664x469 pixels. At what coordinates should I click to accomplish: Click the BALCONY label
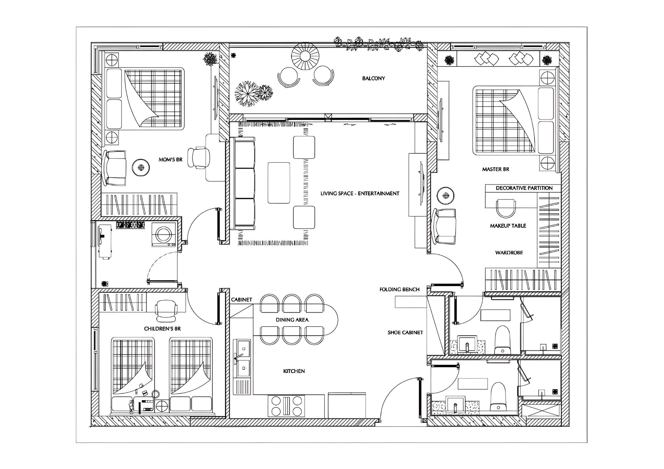coord(374,78)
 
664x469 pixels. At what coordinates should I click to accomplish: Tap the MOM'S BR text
coord(171,160)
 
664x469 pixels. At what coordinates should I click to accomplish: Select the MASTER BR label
coord(495,169)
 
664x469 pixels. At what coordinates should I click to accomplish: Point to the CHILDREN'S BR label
coord(162,329)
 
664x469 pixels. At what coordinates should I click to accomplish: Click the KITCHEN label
coord(294,371)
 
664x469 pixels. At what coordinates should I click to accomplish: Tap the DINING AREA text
coord(292,320)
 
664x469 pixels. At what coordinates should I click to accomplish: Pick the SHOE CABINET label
coord(405,333)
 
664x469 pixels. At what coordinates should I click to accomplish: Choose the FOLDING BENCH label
coord(399,289)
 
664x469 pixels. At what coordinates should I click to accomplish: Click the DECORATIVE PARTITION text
coord(524,188)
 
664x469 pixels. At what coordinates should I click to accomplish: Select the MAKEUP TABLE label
coord(508,226)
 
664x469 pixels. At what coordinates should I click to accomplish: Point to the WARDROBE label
coord(509,253)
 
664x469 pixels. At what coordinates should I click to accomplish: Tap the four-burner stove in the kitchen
coord(286,406)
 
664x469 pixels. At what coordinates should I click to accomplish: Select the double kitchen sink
coord(242,358)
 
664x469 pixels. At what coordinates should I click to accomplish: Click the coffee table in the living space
coord(279,183)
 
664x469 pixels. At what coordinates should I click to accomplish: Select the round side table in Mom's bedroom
coord(141,167)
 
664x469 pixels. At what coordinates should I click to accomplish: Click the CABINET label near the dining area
coord(241,300)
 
